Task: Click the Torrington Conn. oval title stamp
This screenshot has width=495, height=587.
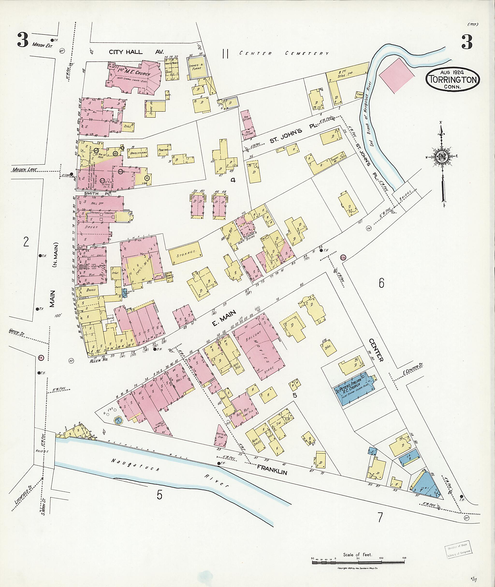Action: click(453, 80)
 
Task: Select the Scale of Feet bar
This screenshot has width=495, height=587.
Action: click(359, 562)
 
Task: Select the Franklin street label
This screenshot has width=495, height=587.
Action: click(272, 470)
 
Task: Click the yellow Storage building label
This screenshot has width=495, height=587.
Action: click(185, 253)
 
